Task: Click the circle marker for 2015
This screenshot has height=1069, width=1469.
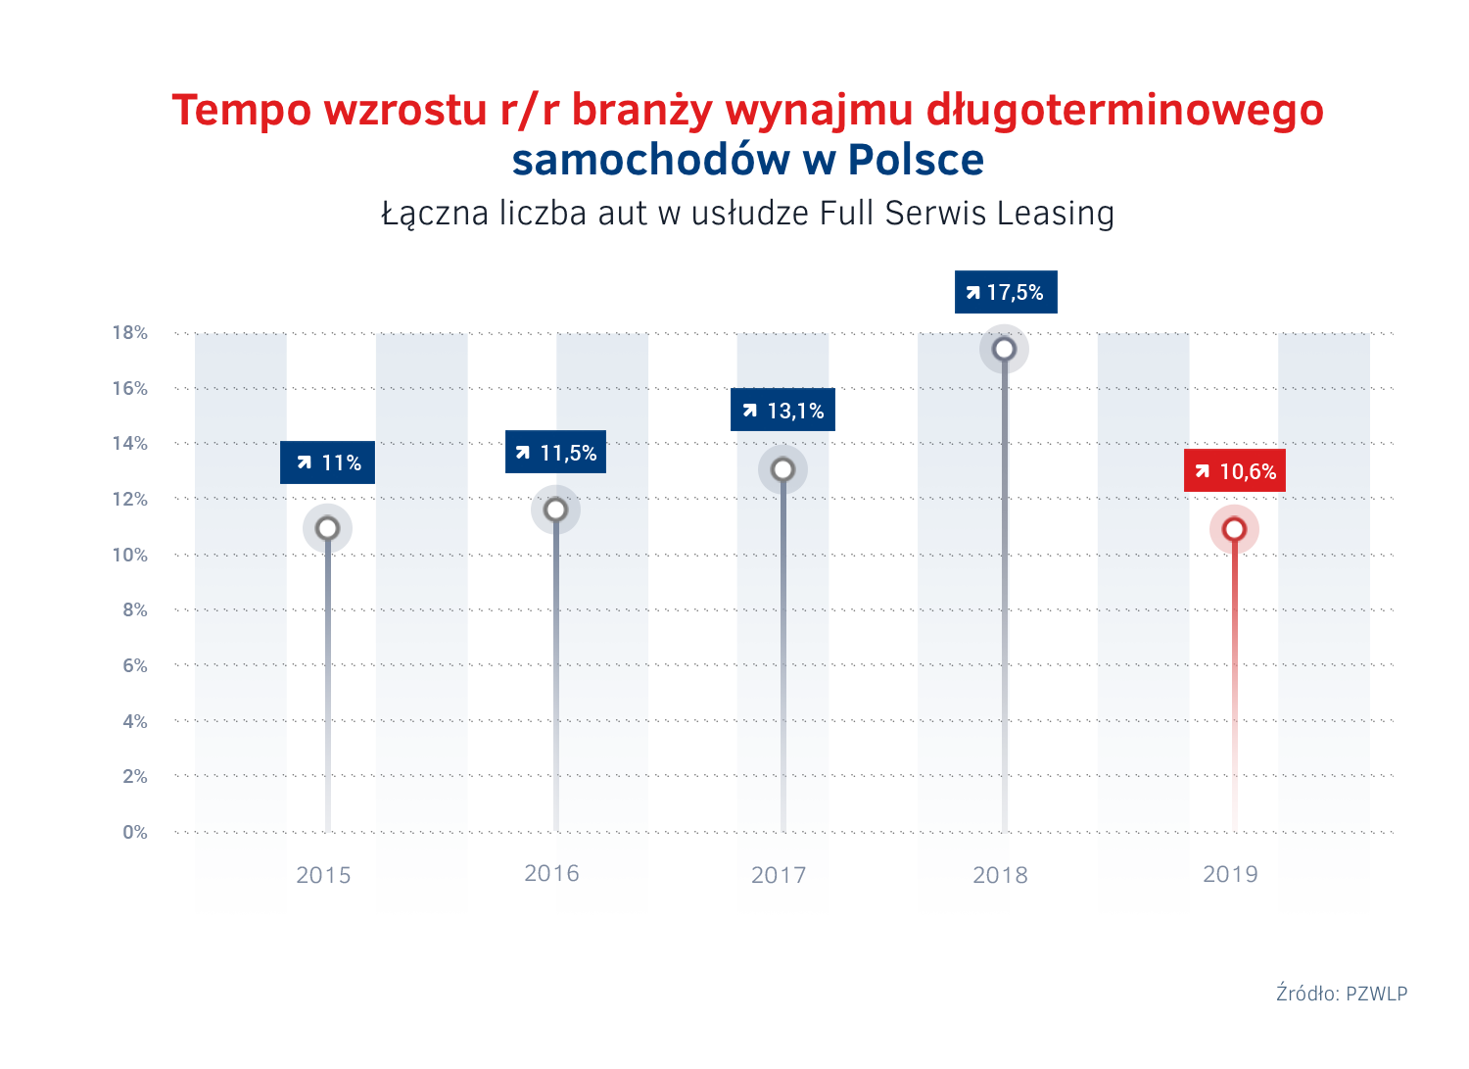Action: [x=327, y=529]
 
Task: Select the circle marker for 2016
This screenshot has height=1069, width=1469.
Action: [x=555, y=510]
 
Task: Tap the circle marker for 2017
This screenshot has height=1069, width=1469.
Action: [x=782, y=470]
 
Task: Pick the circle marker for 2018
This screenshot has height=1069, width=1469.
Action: [x=1004, y=350]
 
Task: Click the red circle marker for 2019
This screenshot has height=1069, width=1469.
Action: [x=1234, y=530]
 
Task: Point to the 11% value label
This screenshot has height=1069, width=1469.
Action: [x=328, y=462]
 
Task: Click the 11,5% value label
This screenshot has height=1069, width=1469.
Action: [x=555, y=453]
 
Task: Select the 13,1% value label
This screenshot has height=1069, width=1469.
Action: [x=782, y=411]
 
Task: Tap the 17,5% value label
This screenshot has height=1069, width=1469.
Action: [x=1006, y=292]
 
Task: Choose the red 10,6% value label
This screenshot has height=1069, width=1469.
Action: [x=1235, y=471]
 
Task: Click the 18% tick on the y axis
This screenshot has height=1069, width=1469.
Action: [x=129, y=333]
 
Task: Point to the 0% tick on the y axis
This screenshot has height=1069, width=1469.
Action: [x=135, y=833]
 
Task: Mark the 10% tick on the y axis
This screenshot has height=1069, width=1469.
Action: [x=129, y=556]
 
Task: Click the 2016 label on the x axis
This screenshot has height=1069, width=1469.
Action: [x=551, y=874]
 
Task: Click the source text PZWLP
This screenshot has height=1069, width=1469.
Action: [x=1376, y=994]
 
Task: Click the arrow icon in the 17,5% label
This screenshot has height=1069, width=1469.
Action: [x=972, y=293]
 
